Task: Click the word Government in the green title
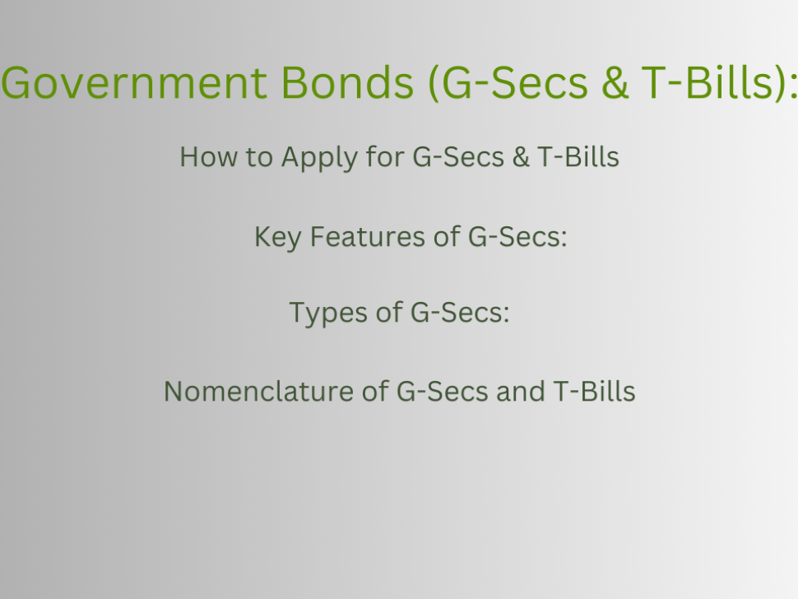point(134,82)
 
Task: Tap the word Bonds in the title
point(347,82)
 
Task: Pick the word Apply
point(319,158)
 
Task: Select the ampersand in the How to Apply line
point(521,157)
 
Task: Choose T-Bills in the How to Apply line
point(578,156)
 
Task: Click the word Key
point(277,238)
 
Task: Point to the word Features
point(368,237)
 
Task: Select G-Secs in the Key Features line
point(517,237)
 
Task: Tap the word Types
point(327,313)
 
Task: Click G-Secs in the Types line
point(460,312)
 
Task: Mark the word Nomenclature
point(258,392)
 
